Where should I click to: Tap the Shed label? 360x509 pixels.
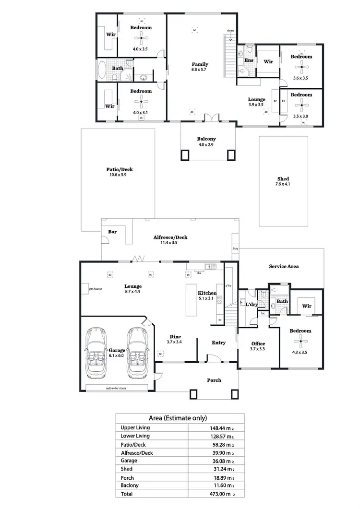pos(283,178)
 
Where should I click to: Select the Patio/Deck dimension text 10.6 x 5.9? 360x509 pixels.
pos(117,175)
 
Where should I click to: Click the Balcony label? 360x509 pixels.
pos(206,139)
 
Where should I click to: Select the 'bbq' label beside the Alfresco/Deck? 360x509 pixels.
pos(235,249)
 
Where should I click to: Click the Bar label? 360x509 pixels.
pos(112,232)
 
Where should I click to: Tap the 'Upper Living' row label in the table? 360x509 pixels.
pos(135,427)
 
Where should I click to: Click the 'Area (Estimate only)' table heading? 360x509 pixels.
pos(180,417)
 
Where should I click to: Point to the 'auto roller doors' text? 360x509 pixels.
pos(116,388)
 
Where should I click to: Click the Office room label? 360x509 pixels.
pos(258,343)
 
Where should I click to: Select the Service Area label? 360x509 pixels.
pos(284,266)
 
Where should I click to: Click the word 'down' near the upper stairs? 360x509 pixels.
pos(231,31)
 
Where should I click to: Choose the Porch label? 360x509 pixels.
pos(214,380)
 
